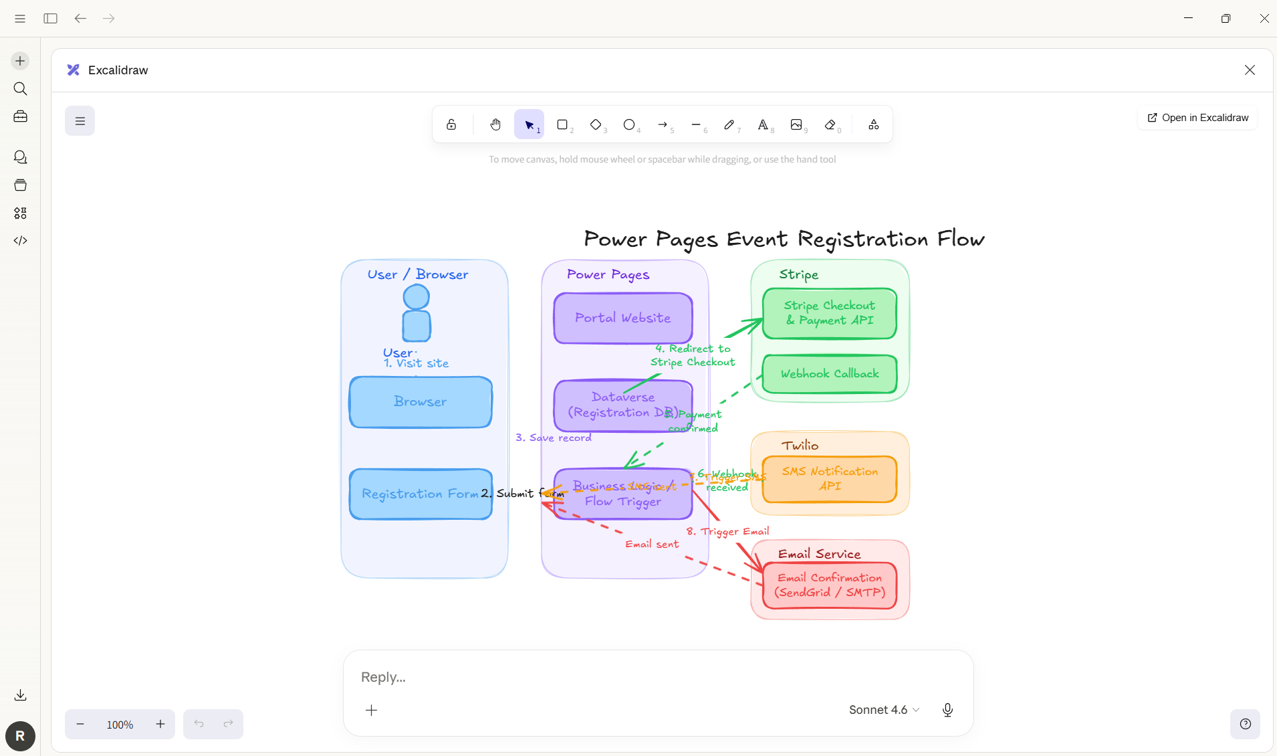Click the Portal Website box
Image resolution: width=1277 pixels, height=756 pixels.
coord(622,318)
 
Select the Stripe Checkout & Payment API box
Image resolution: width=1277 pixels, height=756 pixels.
coord(829,313)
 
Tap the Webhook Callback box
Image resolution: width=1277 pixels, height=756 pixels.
coord(829,373)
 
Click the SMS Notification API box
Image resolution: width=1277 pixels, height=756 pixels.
coord(829,479)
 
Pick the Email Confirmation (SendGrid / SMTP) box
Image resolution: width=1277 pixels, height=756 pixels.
coord(829,585)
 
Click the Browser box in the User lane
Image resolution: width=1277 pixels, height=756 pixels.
coord(420,401)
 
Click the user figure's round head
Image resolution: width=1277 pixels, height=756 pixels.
coord(416,297)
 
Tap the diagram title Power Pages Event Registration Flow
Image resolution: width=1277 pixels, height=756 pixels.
coord(784,239)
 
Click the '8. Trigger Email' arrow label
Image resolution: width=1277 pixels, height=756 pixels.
coord(727,531)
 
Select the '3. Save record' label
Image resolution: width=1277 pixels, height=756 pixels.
coord(553,438)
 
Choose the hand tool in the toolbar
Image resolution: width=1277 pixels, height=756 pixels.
coord(495,124)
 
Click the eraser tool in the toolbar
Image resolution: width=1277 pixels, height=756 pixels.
coord(830,124)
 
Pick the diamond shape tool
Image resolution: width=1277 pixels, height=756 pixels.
coord(596,124)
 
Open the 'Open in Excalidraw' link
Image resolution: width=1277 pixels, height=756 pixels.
coord(1197,118)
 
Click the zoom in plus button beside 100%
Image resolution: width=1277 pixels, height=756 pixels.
coord(160,724)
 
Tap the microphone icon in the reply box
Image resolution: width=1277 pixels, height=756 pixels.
coord(947,710)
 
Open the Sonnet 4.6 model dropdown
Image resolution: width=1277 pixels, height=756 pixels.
coord(884,710)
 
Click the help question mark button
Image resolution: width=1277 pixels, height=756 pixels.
coord(1245,724)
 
